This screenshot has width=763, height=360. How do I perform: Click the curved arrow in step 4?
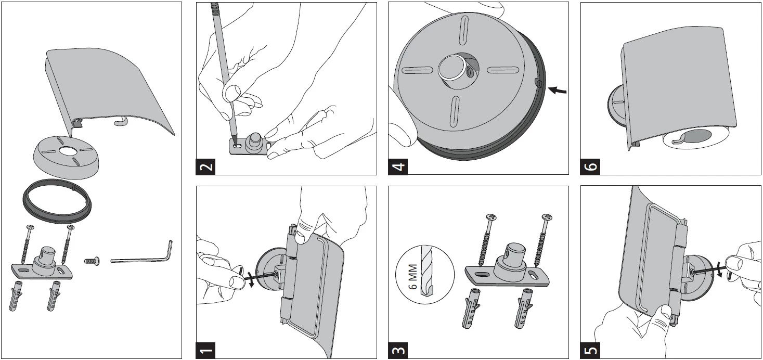coord(556,90)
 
